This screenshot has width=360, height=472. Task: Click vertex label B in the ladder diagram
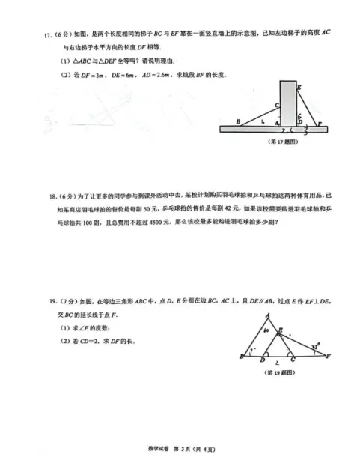(x=237, y=121)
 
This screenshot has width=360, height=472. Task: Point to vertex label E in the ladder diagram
(x=299, y=88)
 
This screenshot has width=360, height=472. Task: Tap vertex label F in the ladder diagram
(x=320, y=123)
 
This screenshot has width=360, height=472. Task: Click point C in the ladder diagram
(x=276, y=106)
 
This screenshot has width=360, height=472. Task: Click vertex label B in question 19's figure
(x=241, y=358)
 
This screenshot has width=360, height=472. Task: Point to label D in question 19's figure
(x=262, y=361)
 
